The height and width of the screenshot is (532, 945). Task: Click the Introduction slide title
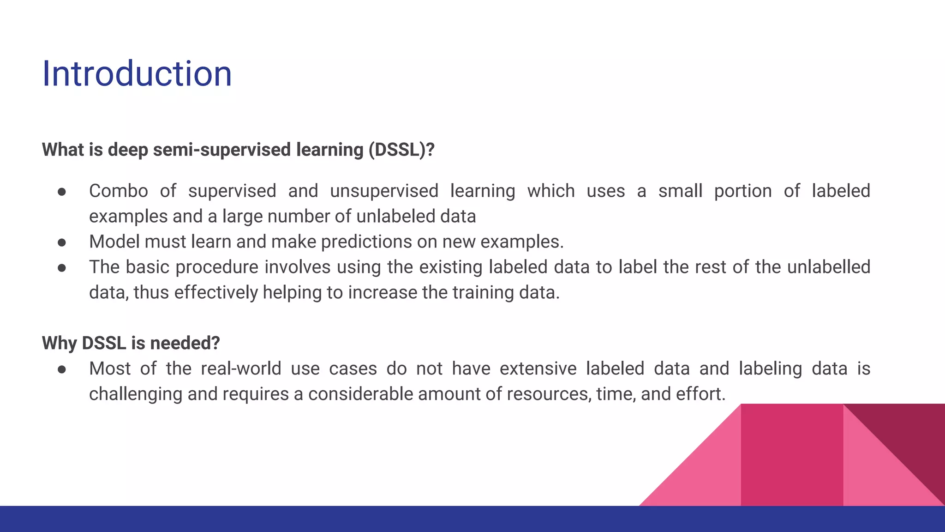pyautogui.click(x=137, y=74)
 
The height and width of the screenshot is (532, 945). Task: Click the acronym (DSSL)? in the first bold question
pyautogui.click(x=401, y=150)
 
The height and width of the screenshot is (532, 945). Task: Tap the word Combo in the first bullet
pyautogui.click(x=118, y=191)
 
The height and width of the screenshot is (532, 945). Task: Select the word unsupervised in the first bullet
pyautogui.click(x=384, y=191)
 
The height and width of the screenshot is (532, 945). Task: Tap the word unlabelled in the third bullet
pyautogui.click(x=828, y=267)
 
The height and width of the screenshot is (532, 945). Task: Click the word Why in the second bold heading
pyautogui.click(x=59, y=343)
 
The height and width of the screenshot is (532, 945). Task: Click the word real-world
pyautogui.click(x=241, y=369)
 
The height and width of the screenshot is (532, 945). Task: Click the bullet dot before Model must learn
pyautogui.click(x=62, y=242)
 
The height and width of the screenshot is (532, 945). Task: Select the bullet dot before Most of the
pyautogui.click(x=62, y=369)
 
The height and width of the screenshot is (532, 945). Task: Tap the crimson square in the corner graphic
pyautogui.click(x=792, y=455)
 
